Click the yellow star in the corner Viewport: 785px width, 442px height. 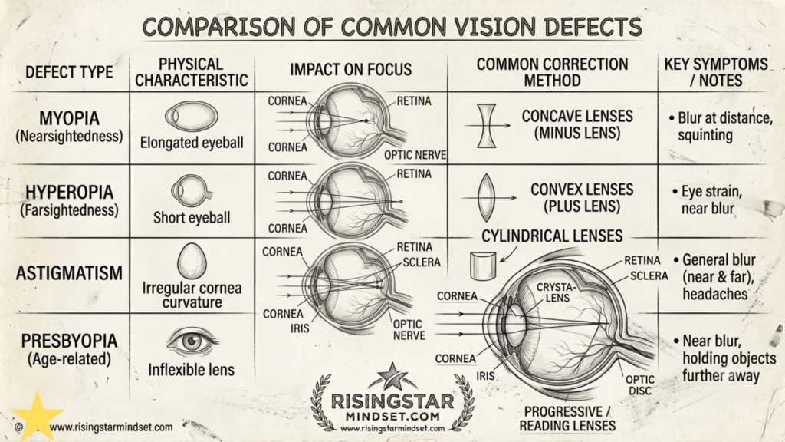[37, 416]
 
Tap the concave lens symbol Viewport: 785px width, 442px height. [486, 125]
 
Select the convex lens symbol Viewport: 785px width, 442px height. [486, 198]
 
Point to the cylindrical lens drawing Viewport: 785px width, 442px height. [483, 266]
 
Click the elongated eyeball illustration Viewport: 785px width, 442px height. [192, 117]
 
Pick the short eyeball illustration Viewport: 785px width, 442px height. [190, 191]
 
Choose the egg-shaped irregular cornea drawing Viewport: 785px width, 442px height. [191, 262]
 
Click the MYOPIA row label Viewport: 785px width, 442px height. [69, 119]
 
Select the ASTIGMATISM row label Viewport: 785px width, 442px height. [69, 273]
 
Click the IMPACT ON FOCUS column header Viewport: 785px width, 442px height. [350, 70]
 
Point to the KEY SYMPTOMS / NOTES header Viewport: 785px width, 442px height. [716, 72]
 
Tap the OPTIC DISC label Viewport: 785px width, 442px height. [640, 385]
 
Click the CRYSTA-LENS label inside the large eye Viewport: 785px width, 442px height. [556, 292]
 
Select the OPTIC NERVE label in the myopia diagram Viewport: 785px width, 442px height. [415, 155]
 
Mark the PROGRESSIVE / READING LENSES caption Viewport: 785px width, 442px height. [567, 419]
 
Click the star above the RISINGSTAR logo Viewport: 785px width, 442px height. [392, 376]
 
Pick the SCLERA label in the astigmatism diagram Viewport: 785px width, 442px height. [422, 262]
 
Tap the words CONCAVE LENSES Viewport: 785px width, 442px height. [577, 117]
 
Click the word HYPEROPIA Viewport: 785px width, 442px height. [69, 193]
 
